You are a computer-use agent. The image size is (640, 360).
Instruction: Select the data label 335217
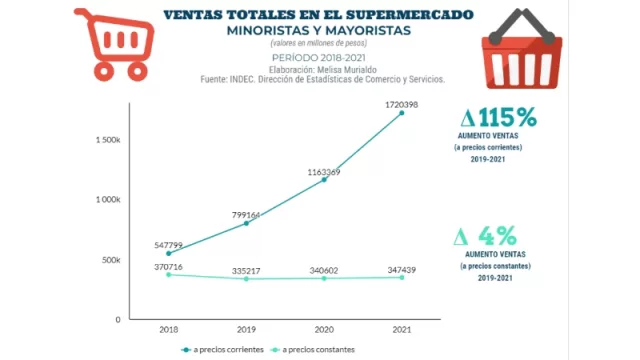(246, 270)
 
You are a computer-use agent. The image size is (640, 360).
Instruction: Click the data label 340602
(323, 270)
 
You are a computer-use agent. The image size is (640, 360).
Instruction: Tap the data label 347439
(402, 270)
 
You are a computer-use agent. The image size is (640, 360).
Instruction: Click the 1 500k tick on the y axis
(108, 140)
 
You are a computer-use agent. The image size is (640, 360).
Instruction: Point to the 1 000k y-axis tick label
(108, 200)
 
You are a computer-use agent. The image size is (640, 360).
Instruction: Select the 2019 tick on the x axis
(246, 328)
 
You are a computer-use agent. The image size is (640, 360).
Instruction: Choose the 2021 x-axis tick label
(402, 328)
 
